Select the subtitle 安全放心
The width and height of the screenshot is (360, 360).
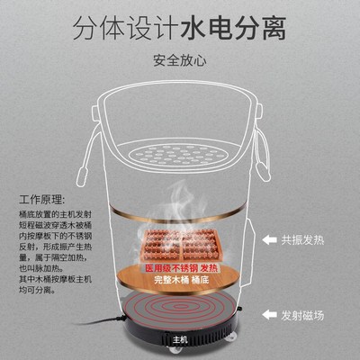180,61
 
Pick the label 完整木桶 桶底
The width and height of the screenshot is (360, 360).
181,281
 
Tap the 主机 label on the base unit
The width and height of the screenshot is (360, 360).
181,339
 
